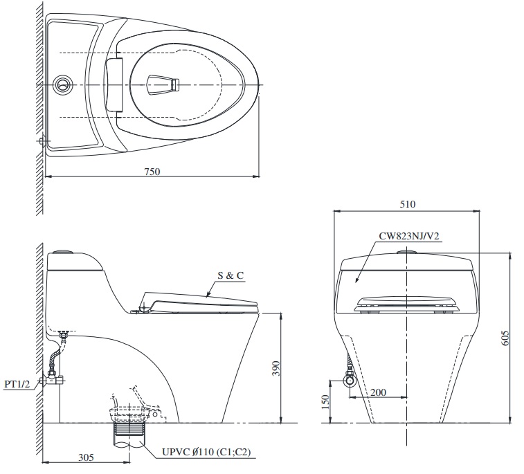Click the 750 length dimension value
(152, 172)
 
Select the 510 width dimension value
(406, 205)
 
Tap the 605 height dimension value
(505, 338)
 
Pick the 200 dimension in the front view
(378, 392)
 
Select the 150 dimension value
(325, 402)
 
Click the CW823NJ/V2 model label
(409, 236)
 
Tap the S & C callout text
(231, 275)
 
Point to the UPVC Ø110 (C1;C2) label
(206, 453)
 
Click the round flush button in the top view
(62, 85)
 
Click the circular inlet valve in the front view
(350, 380)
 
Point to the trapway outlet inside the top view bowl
(164, 86)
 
